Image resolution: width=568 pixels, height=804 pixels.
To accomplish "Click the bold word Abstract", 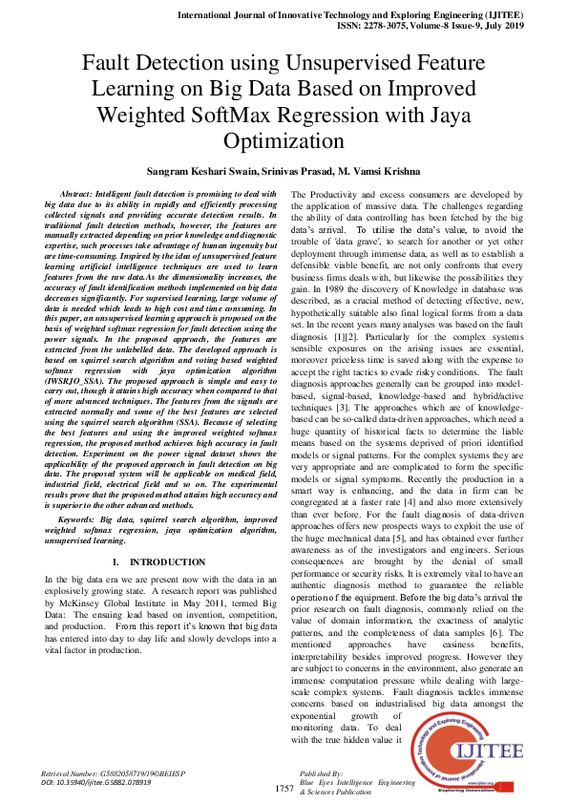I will click(78, 194).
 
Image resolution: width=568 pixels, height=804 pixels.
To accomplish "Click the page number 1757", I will click(284, 789).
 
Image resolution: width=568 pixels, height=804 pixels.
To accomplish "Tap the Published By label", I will click(322, 772).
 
